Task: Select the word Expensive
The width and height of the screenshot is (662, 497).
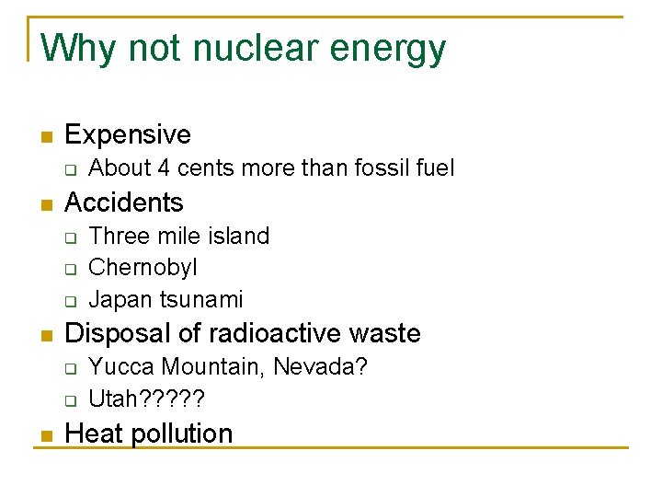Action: tap(128, 135)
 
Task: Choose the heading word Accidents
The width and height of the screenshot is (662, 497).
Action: tap(124, 202)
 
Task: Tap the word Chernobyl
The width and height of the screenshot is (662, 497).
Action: tap(143, 268)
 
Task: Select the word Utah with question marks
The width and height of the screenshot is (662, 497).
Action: tap(147, 399)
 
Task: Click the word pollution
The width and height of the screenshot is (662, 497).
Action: tap(181, 433)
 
